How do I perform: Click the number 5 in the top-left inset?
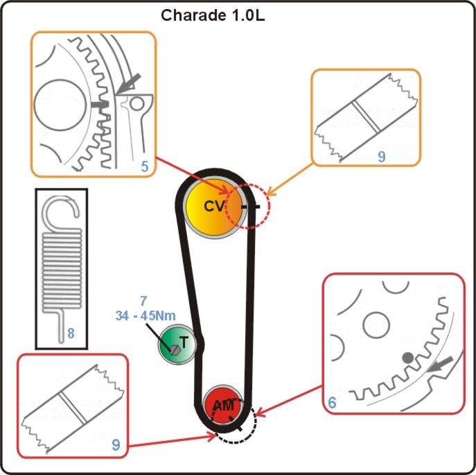pyautogui.click(x=143, y=166)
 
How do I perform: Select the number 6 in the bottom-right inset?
pyautogui.click(x=331, y=401)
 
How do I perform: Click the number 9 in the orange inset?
pyautogui.click(x=381, y=157)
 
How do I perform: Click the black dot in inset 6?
pyautogui.click(x=407, y=357)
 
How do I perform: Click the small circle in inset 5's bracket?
pyautogui.click(x=137, y=105)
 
